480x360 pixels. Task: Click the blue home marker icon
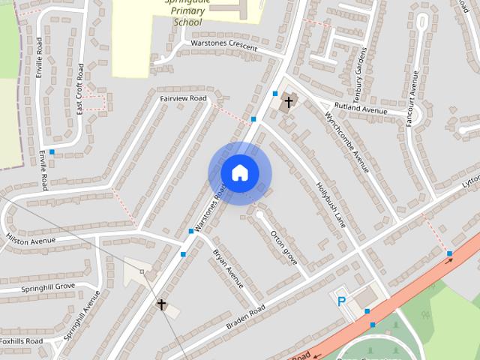point(239,172)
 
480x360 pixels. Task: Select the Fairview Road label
point(183,98)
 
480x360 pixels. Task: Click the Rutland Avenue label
point(361,108)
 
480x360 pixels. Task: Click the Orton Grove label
point(284,247)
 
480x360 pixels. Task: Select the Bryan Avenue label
point(228,268)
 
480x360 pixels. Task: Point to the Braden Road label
point(245,319)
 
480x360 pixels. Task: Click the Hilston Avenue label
point(31,240)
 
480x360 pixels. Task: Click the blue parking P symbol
point(342,301)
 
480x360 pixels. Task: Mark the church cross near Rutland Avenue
point(289,101)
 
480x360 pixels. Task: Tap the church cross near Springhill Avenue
point(160,304)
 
